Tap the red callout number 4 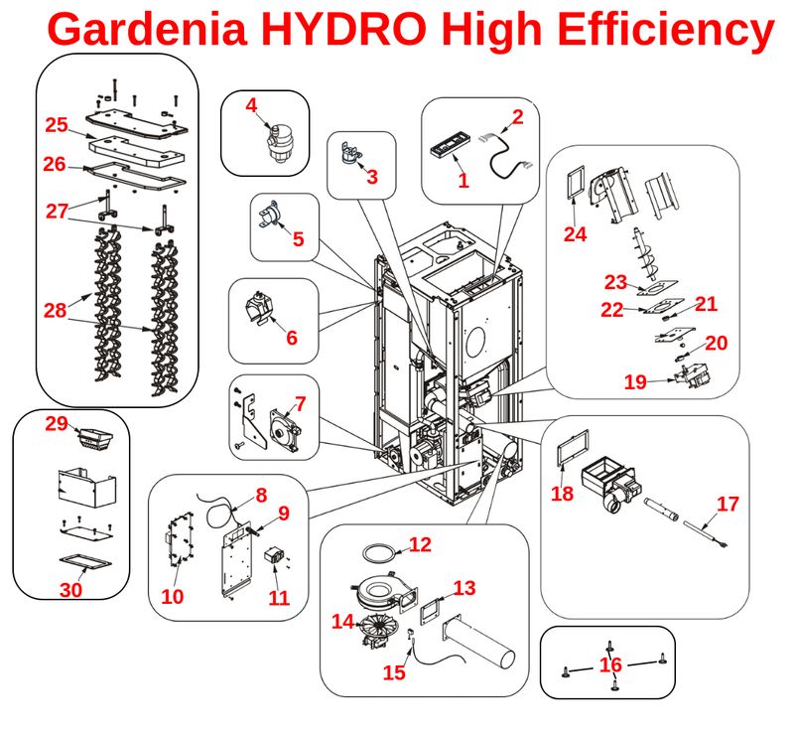coord(252,104)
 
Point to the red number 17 coord(728,504)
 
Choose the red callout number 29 coord(58,424)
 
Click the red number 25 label coord(56,125)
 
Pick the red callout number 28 coord(55,310)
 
